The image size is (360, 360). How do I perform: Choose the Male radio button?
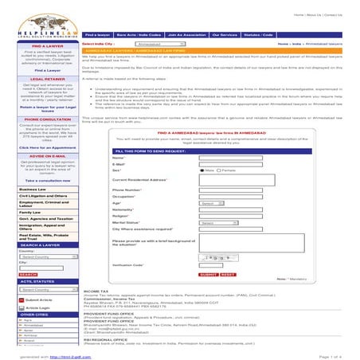pos(202,170)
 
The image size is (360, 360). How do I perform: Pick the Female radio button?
pos(218,170)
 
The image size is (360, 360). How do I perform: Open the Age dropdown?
pos(208,203)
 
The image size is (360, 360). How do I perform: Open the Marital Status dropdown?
pos(217,222)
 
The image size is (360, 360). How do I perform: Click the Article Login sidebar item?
pos(37,307)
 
